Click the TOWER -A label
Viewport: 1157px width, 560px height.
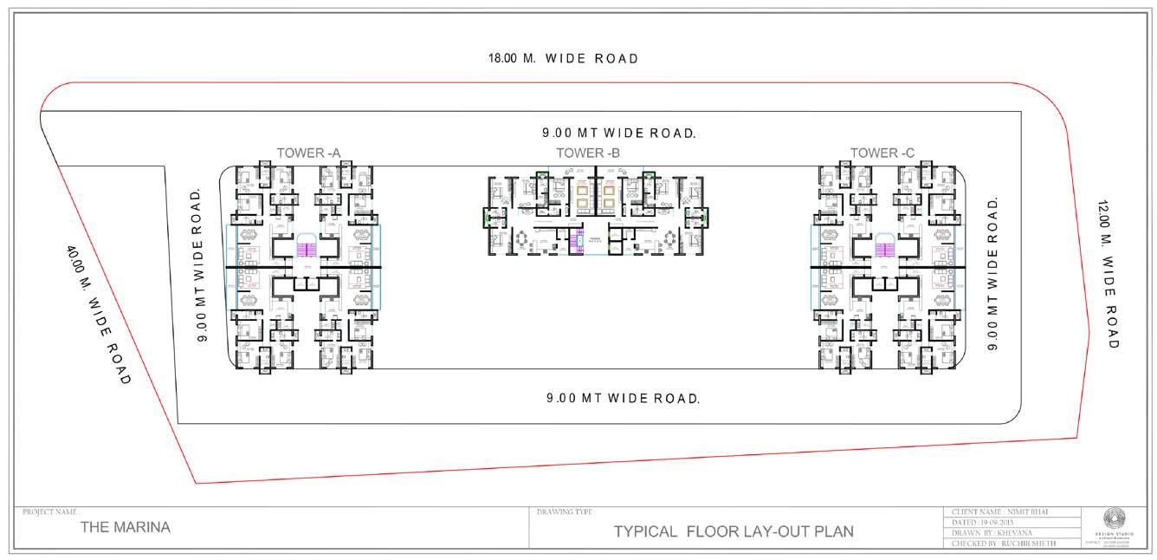click(x=308, y=153)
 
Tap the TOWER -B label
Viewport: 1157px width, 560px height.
click(x=588, y=153)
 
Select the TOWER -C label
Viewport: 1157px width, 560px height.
click(x=882, y=153)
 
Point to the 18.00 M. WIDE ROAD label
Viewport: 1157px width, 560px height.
click(x=563, y=59)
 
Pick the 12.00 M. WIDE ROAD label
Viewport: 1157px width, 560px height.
click(x=1109, y=276)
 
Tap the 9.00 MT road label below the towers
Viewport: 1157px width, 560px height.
click(x=623, y=399)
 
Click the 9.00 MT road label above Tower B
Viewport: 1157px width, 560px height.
click(x=619, y=133)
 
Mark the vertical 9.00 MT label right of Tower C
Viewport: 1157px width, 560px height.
click(x=994, y=274)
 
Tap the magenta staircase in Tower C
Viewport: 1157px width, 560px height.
click(x=883, y=249)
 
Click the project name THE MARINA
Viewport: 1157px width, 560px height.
click(x=125, y=527)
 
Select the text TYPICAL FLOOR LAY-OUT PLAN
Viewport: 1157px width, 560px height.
click(x=734, y=531)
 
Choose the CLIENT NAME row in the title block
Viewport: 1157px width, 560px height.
click(x=1010, y=512)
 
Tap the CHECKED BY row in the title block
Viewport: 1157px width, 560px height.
click(x=1010, y=544)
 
